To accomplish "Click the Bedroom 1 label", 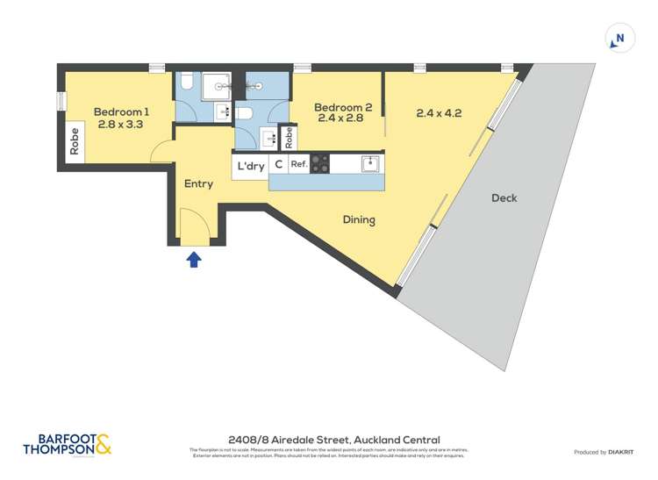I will coord(122,111).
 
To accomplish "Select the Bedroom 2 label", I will coord(344,108).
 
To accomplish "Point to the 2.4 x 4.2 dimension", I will coord(439,113).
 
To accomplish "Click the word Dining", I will coord(359,220).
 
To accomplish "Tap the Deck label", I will coord(504,198).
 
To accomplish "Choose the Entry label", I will coord(199,184).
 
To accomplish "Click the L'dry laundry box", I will coord(250,166).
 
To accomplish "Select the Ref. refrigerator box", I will coord(299,164).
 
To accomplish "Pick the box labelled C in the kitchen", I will coord(279,165).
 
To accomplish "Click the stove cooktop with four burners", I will coord(320,163).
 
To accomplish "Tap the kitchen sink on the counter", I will coord(370,163).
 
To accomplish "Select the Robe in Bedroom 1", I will coord(75,142).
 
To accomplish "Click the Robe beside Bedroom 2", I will coord(288,138).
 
